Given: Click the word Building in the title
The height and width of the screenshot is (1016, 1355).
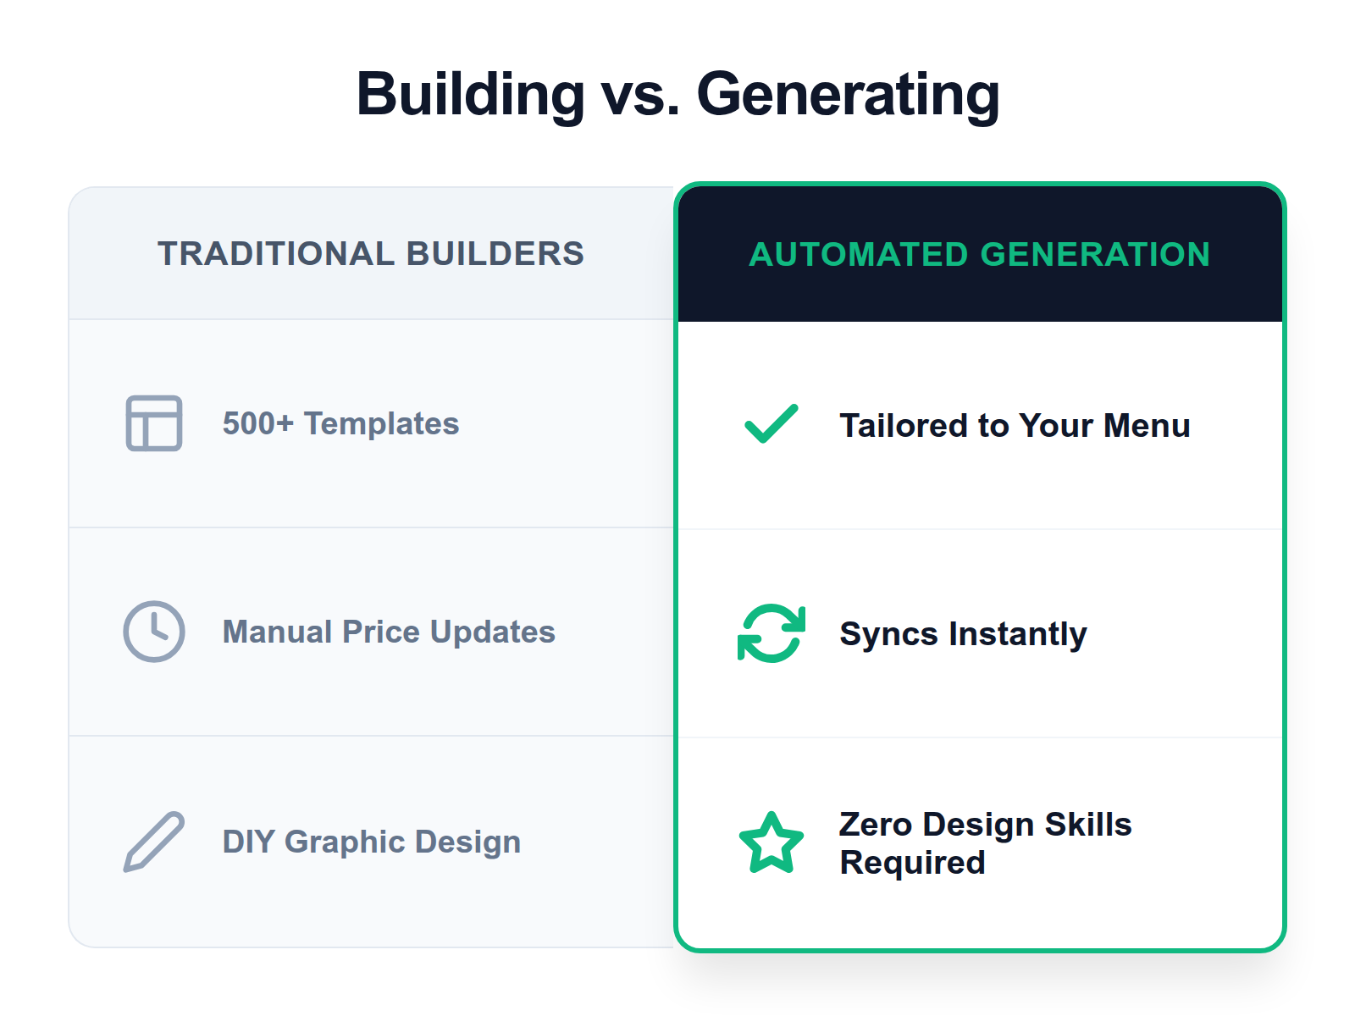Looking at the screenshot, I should coord(471,93).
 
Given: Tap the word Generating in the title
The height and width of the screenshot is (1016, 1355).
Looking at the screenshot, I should coord(848,95).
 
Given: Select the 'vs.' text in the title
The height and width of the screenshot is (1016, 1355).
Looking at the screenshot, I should coord(640,95).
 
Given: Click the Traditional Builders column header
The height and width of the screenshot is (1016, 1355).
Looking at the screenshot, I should coord(371,253).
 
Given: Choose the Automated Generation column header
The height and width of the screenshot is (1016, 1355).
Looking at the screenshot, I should coord(980,254).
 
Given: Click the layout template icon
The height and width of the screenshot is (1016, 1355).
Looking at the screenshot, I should coord(154,423).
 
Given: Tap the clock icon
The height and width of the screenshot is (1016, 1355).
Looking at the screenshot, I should coord(154,632).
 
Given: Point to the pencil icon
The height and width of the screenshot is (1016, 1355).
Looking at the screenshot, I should coord(154,842).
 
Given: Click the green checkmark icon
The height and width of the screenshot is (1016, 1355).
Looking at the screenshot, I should coord(771,423).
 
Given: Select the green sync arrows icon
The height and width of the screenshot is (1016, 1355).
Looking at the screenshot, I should coord(771,633).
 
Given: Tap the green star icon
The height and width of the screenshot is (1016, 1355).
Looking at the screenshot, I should coord(771,843).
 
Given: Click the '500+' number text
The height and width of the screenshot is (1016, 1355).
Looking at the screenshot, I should coord(257,423).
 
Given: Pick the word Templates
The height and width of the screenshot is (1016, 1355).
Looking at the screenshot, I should coord(381,423).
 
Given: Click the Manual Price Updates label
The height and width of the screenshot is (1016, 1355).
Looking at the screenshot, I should coord(389,632).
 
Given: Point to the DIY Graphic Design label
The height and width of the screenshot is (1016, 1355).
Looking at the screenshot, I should coord(372,842).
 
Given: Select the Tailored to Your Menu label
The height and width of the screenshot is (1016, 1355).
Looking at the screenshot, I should coord(1015,425).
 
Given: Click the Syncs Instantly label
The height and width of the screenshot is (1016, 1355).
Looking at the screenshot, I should coord(963,633).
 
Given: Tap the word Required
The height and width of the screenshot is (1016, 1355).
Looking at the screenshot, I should coord(912,863).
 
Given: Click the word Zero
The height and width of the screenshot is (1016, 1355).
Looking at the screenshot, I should coord(876,824).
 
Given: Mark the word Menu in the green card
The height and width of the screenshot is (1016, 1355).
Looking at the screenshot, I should coord(1147,425).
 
